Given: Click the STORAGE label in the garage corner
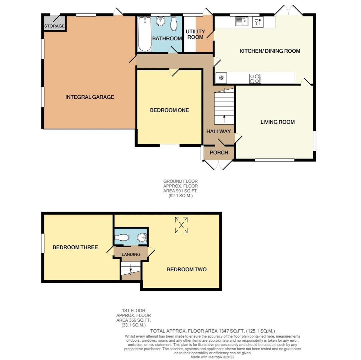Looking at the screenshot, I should [x=54, y=26].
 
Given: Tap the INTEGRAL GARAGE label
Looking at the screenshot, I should [x=90, y=97].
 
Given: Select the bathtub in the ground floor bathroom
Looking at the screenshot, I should [x=145, y=34].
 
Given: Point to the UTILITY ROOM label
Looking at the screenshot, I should [x=195, y=34].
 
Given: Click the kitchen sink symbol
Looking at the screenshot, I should [x=241, y=21].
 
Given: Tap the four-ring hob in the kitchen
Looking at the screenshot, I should [x=255, y=78].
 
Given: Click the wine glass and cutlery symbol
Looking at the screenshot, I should [x=258, y=22].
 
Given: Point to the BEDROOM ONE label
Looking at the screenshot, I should [x=169, y=110].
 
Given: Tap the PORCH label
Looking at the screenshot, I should [x=219, y=153].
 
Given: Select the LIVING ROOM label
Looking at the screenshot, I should [x=278, y=122].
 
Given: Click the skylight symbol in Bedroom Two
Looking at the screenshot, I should [x=181, y=225].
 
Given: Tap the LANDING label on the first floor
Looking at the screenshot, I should [x=131, y=254].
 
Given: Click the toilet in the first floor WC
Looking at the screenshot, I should [x=122, y=237].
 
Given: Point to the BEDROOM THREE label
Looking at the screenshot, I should [x=75, y=247].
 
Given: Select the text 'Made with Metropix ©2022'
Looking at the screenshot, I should [x=213, y=357].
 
